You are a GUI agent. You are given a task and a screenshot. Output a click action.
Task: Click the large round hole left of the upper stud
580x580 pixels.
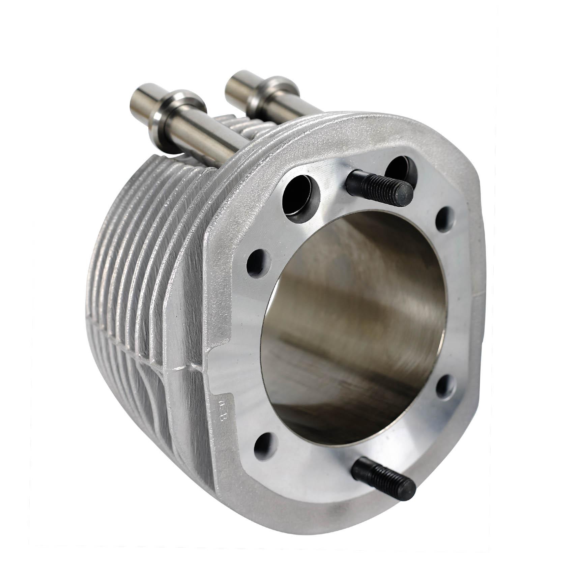pyautogui.click(x=301, y=199)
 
